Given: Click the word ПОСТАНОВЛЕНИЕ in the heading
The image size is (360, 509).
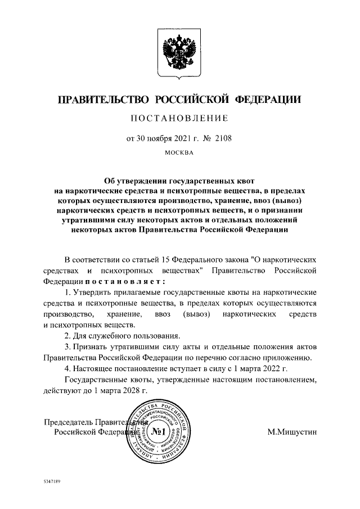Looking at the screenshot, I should (x=179, y=118).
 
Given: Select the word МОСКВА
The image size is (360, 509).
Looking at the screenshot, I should (x=179, y=152).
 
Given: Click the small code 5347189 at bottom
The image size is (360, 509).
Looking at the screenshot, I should (x=52, y=482).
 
